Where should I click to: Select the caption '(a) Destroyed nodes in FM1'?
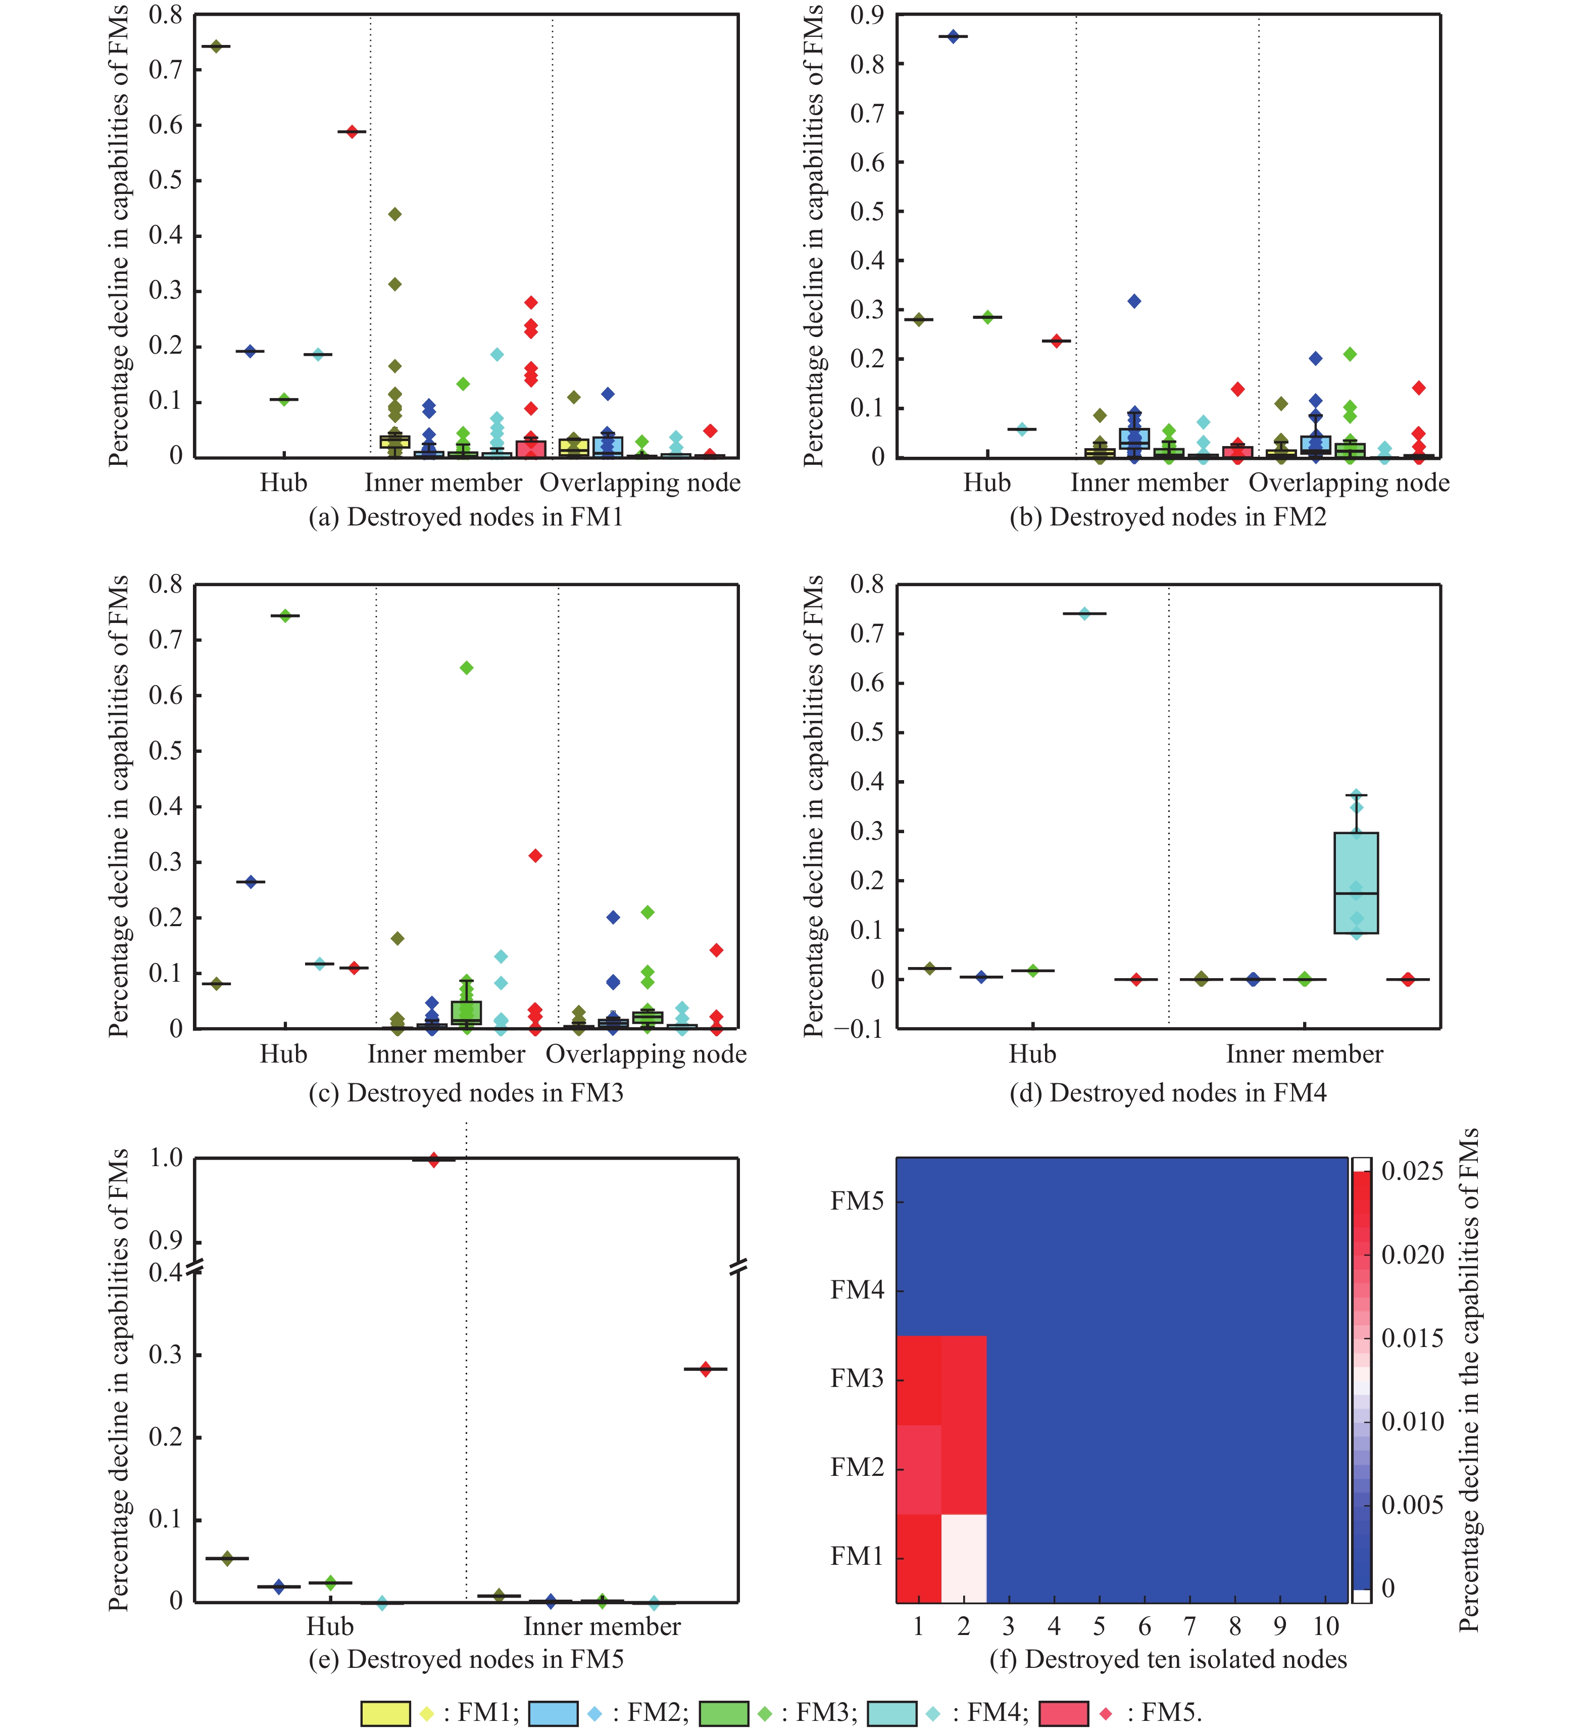pos(466,517)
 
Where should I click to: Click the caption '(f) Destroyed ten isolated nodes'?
pos(1168,1659)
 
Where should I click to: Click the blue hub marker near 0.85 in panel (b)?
pos(953,37)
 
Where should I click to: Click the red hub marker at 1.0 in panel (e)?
pos(434,1160)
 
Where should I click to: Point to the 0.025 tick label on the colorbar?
pos(1412,1171)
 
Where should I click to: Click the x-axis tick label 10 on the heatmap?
pos(1326,1626)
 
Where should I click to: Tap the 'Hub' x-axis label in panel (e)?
pos(330,1626)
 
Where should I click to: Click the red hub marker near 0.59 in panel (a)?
pos(352,132)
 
